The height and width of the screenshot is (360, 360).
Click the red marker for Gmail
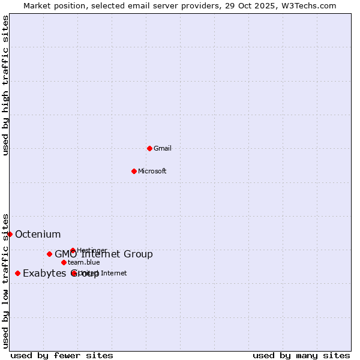pos(149,148)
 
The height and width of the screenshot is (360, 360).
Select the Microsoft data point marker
pos(134,171)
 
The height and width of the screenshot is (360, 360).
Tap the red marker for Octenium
pos(10,234)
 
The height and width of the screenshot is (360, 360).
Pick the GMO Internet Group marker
pos(49,254)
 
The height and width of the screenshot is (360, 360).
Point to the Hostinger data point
pos(73,250)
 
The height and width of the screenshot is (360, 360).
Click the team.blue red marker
pos(64,262)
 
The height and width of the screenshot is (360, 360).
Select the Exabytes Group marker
pos(17,273)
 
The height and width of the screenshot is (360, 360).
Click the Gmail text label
pos(163,148)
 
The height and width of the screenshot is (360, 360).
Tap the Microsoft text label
pos(152,171)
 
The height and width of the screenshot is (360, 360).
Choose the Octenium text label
pos(38,234)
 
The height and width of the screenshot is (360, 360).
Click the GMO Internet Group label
pos(104,254)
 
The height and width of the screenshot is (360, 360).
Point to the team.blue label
pos(84,262)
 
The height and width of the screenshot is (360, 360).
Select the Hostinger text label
pos(92,250)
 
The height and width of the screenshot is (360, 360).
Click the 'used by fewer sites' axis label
pos(62,355)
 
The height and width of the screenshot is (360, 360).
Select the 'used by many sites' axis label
pos(301,355)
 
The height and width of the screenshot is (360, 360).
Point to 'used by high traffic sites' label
pos(5,85)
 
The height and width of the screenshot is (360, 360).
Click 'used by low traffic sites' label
pos(5,280)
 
